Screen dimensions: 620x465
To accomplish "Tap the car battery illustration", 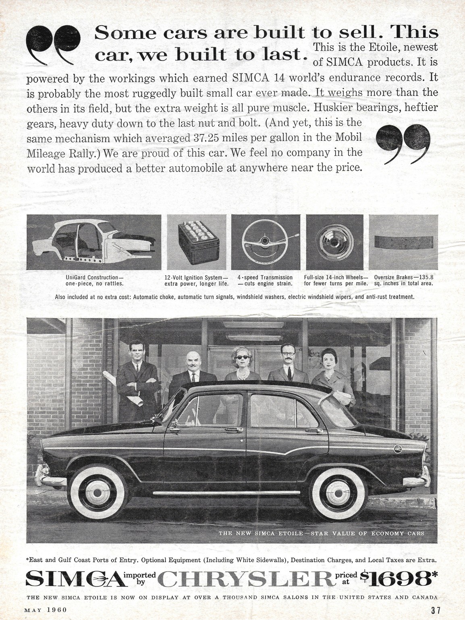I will click(196, 241).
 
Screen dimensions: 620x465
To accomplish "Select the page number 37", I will click(430, 611).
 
